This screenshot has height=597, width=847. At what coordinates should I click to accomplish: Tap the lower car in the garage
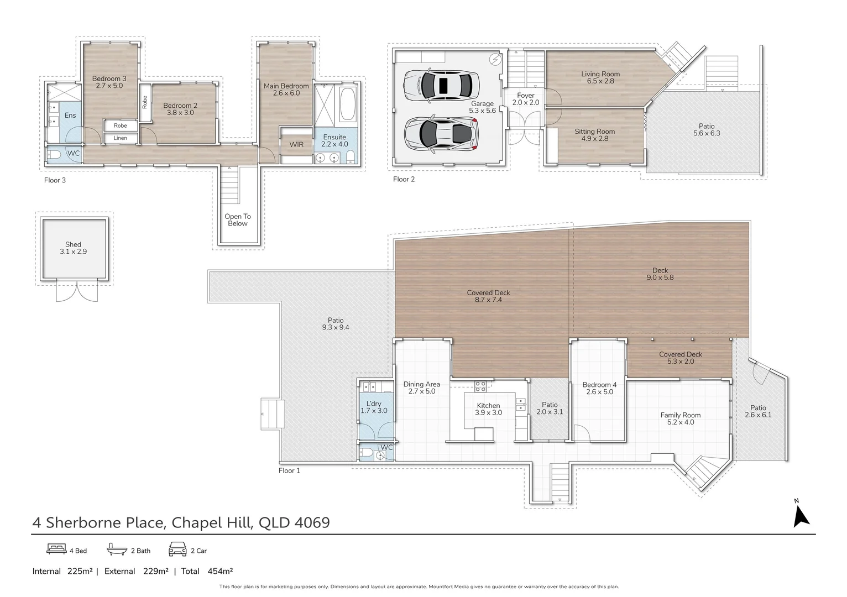point(441,134)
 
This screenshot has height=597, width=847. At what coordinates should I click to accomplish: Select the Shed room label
point(73,248)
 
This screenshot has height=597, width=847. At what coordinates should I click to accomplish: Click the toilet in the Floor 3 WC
point(54,155)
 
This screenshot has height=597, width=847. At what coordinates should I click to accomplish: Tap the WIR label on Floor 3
point(296,145)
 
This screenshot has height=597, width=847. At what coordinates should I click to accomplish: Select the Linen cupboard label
point(120,138)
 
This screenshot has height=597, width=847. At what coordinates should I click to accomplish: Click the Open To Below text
point(238,220)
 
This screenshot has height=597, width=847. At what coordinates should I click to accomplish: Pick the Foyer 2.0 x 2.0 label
point(525,99)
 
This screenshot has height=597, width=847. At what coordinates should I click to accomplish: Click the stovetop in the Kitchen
point(480,386)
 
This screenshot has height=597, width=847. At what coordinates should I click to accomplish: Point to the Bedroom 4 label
point(599,385)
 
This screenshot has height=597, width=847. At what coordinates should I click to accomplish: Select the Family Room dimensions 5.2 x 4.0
point(681,422)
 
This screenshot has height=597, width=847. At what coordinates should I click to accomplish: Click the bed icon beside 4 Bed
point(56,549)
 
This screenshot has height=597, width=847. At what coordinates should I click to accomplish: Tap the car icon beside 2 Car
point(177,549)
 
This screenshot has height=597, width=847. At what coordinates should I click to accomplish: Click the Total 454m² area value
point(219,571)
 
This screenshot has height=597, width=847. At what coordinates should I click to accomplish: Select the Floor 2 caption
point(404,179)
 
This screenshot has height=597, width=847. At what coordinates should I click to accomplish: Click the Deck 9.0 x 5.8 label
point(660,274)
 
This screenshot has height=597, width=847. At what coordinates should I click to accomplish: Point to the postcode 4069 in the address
point(312,522)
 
